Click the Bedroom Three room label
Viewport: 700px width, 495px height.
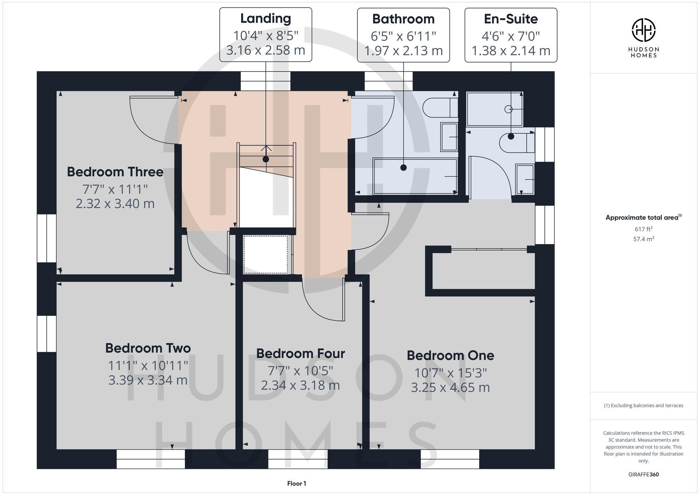point(115,172)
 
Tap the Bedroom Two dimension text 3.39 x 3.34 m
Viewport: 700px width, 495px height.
point(148,380)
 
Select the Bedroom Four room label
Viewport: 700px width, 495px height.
point(300,353)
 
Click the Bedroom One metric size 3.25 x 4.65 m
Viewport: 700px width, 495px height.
point(450,388)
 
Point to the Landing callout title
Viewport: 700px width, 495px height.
point(266,19)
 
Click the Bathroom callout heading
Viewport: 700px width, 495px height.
point(403,19)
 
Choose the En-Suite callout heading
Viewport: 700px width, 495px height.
point(511,19)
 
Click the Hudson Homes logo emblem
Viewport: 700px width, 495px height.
point(643,30)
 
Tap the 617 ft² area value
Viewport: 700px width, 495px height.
point(643,229)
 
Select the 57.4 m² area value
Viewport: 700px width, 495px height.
point(643,239)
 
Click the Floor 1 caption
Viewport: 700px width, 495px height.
point(296,483)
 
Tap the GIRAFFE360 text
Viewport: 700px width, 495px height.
point(643,474)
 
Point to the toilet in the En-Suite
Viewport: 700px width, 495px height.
point(517,143)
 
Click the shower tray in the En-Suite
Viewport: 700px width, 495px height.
point(494,109)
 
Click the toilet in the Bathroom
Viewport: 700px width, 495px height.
point(440,108)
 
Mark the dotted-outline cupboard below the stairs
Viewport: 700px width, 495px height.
point(266,255)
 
